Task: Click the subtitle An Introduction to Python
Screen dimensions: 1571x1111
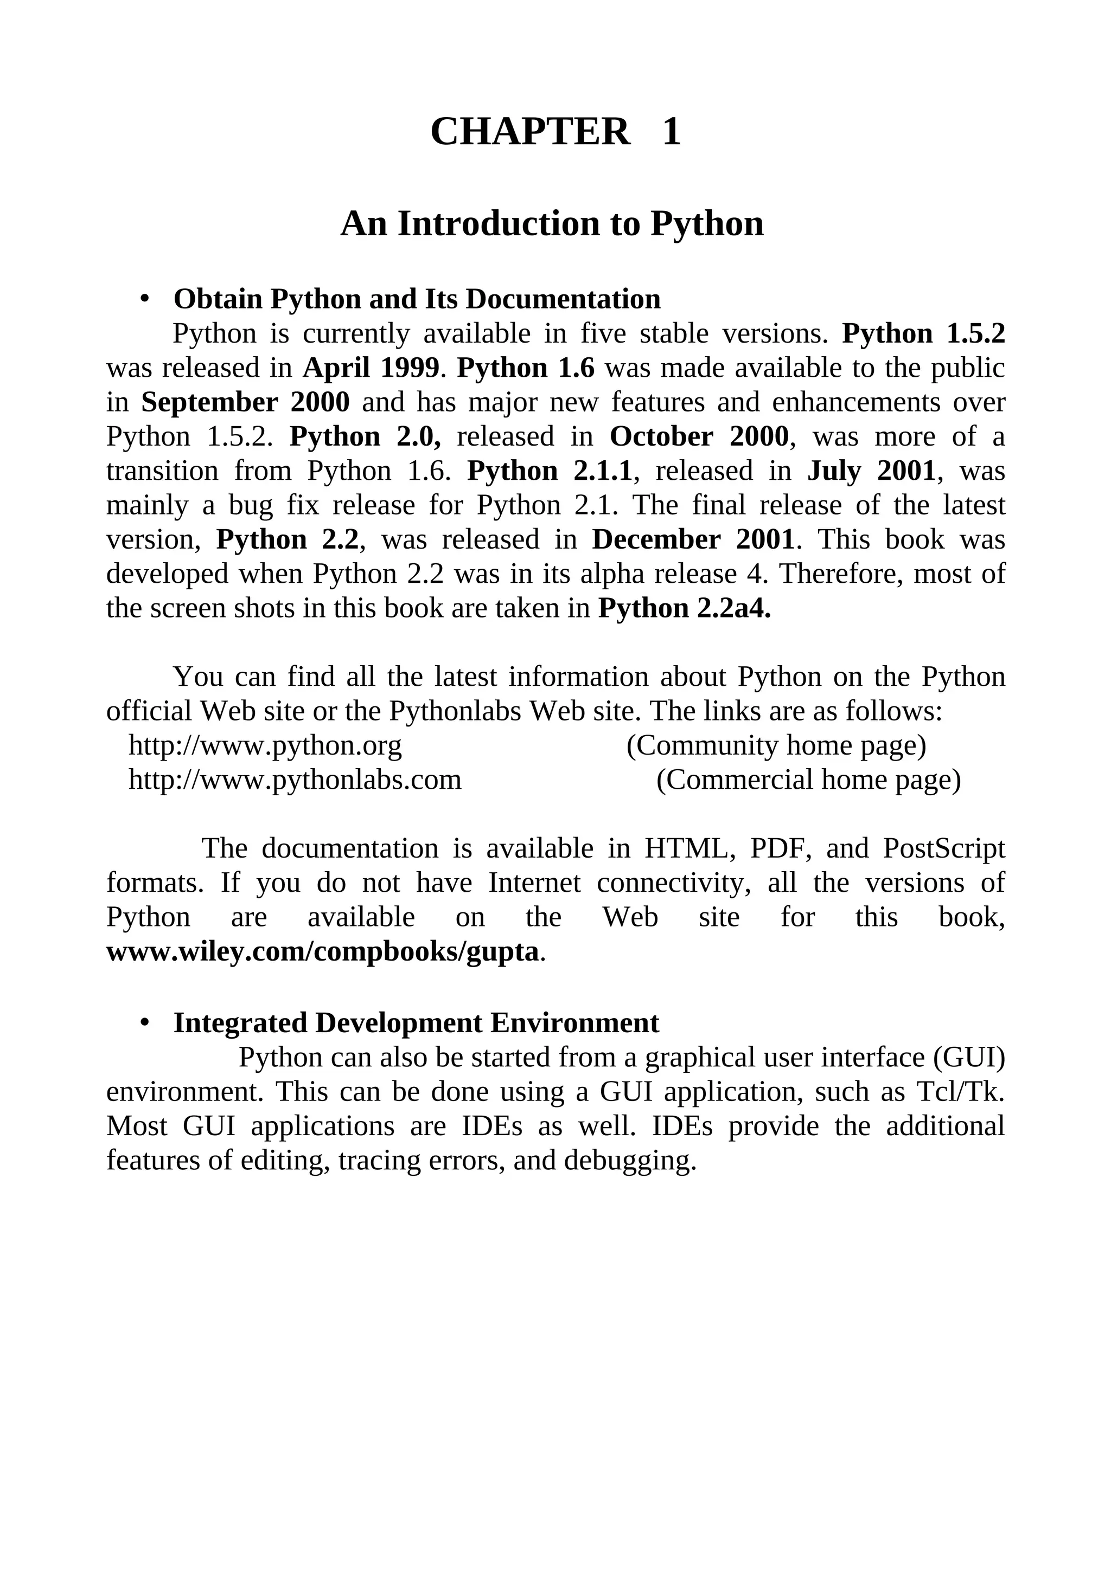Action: (x=552, y=224)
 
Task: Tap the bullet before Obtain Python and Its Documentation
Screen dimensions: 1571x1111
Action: (x=144, y=299)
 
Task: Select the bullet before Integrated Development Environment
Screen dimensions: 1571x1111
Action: (x=144, y=1023)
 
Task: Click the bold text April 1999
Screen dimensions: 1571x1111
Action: (x=371, y=368)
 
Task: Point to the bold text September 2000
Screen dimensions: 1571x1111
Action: (x=245, y=402)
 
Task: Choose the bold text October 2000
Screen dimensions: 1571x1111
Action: (x=699, y=436)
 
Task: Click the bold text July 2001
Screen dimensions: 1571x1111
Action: (x=871, y=471)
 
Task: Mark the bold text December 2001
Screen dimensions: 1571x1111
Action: (x=693, y=540)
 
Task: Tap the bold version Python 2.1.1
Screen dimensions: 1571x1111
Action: (x=549, y=471)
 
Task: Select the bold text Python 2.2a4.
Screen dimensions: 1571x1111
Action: (x=685, y=608)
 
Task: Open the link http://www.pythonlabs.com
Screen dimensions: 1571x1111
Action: (x=295, y=780)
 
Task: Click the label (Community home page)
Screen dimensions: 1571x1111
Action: (x=776, y=746)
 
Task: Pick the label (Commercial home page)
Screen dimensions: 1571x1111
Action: (x=808, y=780)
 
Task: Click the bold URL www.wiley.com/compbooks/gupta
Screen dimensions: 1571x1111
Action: (x=322, y=952)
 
